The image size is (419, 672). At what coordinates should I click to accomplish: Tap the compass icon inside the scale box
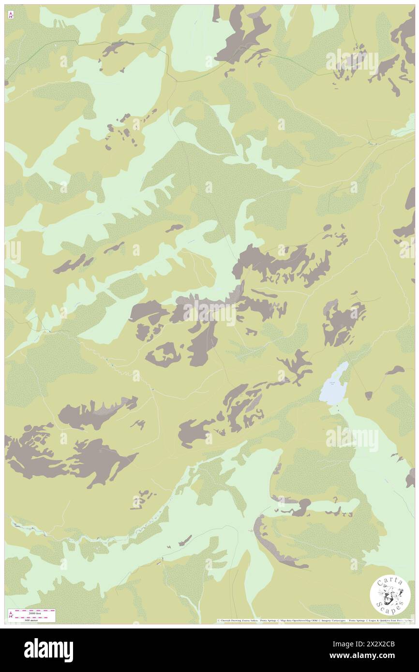tap(10, 614)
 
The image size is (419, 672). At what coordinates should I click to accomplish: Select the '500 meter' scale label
tap(34, 619)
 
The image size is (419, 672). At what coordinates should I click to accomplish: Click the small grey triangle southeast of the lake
tap(369, 395)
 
